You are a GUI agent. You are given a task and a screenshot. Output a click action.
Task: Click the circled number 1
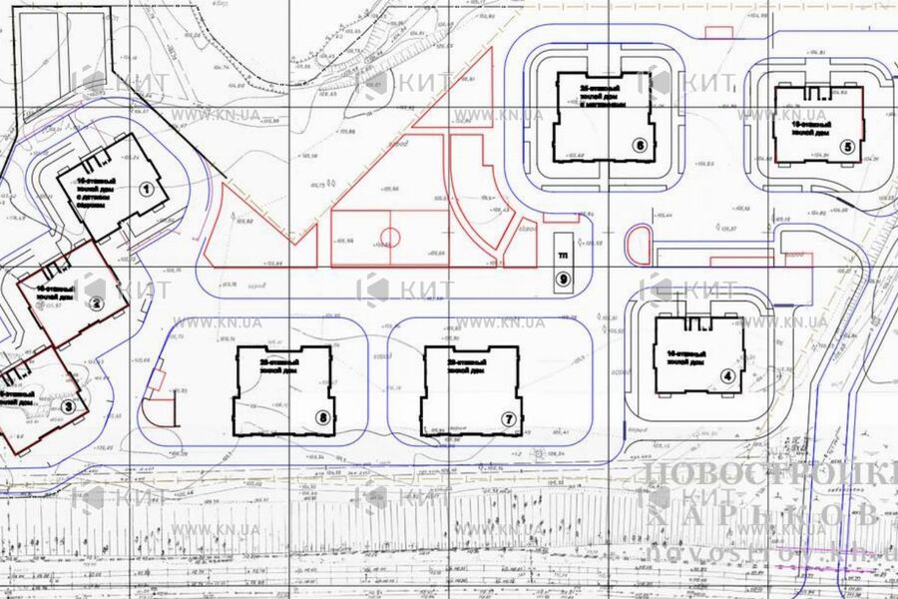tap(145, 188)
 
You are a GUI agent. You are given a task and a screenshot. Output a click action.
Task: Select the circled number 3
tap(68, 405)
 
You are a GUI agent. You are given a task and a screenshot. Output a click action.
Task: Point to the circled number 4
tap(728, 376)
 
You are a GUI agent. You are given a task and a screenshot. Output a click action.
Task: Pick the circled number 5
tap(848, 147)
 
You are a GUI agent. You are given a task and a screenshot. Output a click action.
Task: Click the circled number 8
tap(321, 418)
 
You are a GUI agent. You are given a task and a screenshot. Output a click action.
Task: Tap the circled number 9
tap(564, 280)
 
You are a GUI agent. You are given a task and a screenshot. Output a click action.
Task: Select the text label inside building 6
tap(604, 96)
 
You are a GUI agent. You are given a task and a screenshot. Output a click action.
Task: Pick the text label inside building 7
tap(466, 365)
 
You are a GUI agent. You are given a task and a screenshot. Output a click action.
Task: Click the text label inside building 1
tap(101, 186)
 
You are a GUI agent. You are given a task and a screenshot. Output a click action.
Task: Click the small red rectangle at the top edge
tap(718, 32)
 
